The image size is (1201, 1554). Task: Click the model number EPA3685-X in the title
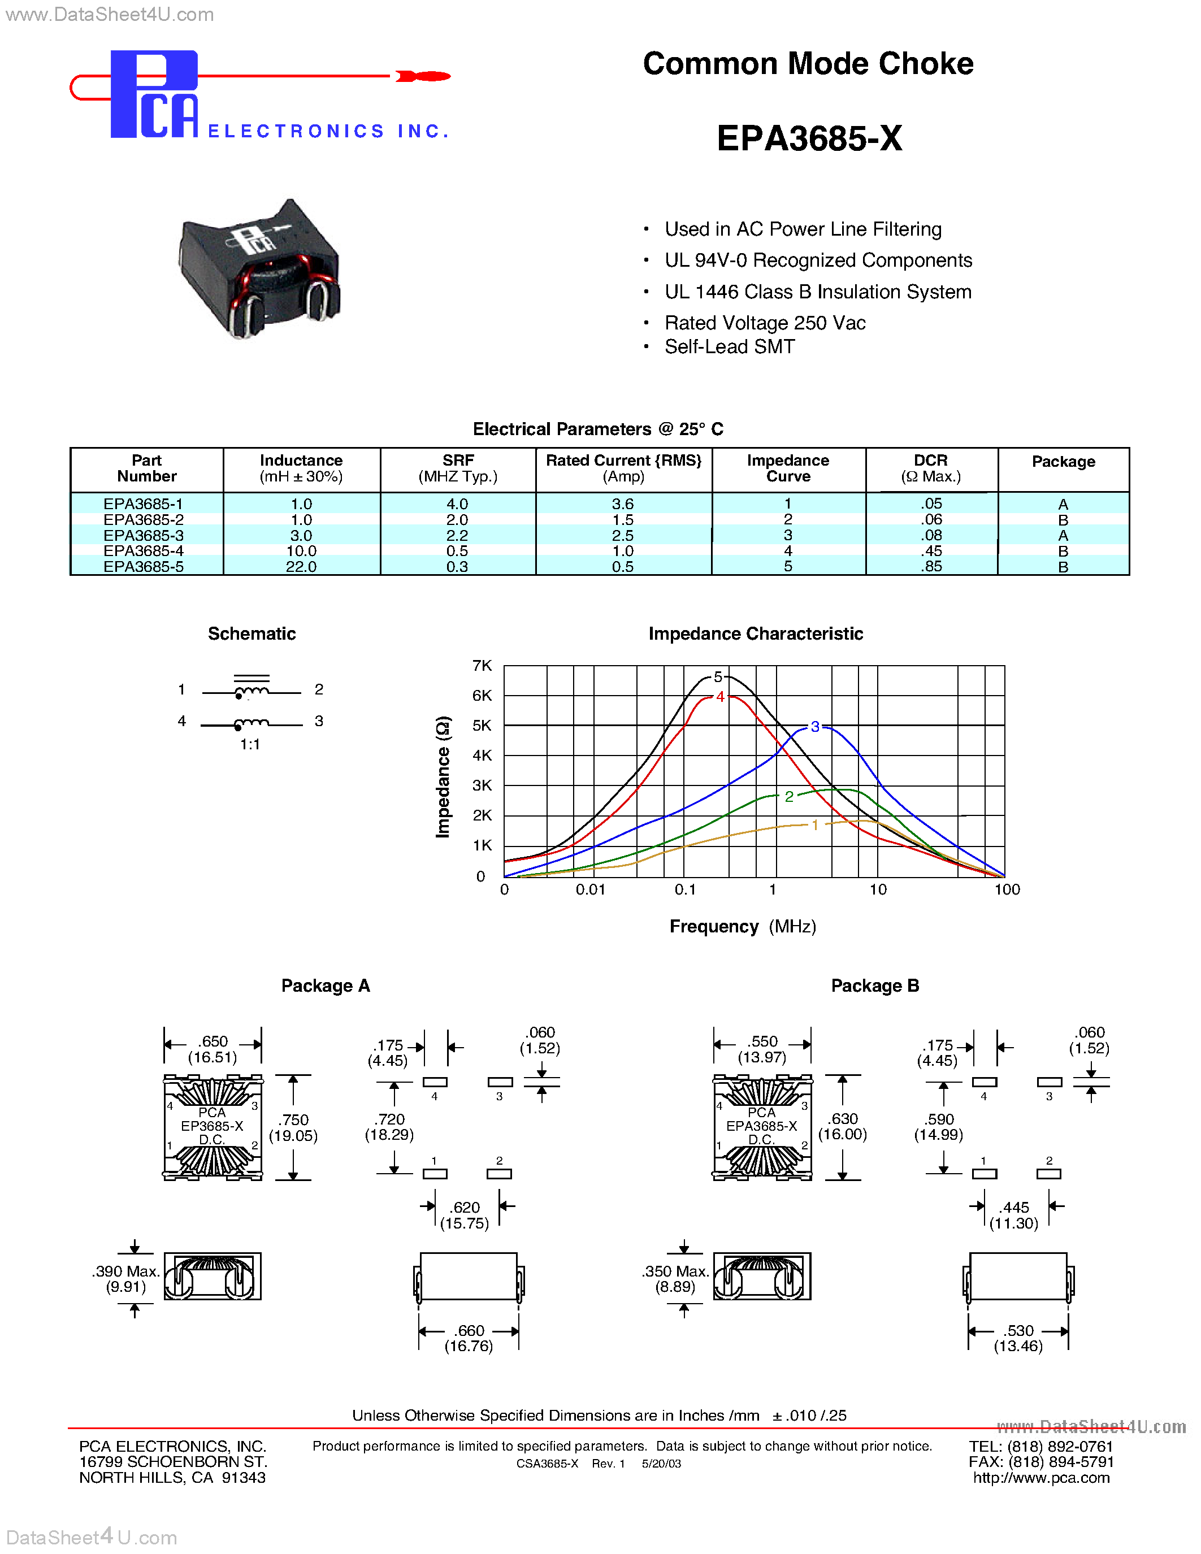[x=809, y=138]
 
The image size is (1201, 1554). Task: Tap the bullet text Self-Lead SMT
[x=729, y=346]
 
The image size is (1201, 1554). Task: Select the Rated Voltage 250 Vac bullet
[x=765, y=323]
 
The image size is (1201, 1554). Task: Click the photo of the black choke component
[x=259, y=269]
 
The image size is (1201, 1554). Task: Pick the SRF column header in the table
[x=457, y=468]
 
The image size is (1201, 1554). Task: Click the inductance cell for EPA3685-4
[x=301, y=552]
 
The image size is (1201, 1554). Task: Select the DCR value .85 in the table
[x=931, y=566]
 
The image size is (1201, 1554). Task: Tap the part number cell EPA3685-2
[x=144, y=520]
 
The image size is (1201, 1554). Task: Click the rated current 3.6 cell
[x=623, y=503]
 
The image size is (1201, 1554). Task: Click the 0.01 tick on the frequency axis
[x=591, y=889]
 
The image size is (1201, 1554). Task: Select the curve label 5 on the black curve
[x=718, y=676]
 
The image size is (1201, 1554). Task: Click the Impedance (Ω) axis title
[x=443, y=777]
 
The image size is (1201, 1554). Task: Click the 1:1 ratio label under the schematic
[x=250, y=744]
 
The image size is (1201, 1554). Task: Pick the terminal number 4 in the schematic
[x=182, y=721]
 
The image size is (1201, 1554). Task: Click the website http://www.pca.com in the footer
[x=1041, y=1478]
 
